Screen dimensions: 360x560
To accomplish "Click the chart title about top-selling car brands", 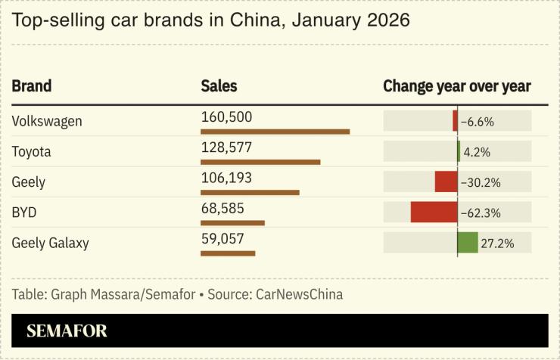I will [x=211, y=20].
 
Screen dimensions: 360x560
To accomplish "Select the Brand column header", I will [x=32, y=86].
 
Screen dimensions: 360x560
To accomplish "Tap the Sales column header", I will [x=219, y=86].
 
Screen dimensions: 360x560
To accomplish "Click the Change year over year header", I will [x=456, y=86].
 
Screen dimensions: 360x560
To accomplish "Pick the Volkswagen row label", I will [x=47, y=121].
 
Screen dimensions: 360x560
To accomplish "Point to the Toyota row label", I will [x=32, y=152].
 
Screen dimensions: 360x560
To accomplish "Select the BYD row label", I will [x=24, y=213].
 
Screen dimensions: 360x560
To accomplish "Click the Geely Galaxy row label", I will [x=51, y=243].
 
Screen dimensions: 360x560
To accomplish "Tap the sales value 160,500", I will [x=226, y=117].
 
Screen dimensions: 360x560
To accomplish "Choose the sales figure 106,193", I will [x=226, y=178].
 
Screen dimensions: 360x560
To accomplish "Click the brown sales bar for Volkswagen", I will [x=275, y=132].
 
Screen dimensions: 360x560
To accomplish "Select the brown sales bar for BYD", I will [x=232, y=222].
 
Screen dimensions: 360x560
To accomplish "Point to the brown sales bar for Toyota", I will [x=260, y=162].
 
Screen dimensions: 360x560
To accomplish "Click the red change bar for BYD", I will [x=434, y=212].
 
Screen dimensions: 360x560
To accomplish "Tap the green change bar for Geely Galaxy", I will [x=468, y=242].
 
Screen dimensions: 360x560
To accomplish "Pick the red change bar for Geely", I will [x=446, y=182].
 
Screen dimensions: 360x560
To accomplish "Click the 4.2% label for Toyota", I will [x=477, y=152].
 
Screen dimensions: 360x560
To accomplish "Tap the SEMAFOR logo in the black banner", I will [x=67, y=331].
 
